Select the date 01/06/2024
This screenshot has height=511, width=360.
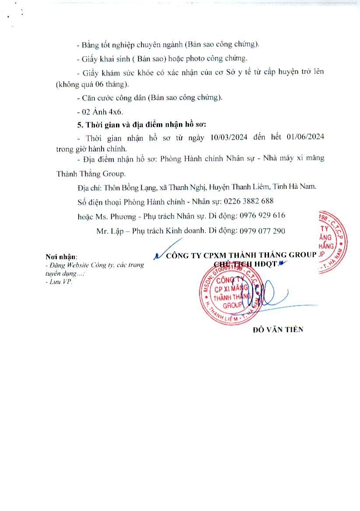point(305,137)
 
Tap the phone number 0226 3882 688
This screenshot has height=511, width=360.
point(248,202)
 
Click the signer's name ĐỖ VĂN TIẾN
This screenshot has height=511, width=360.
point(278,330)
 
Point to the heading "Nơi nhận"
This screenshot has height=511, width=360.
point(61,256)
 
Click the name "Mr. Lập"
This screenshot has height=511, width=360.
point(108,230)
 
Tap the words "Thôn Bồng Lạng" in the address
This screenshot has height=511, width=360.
point(130,187)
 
